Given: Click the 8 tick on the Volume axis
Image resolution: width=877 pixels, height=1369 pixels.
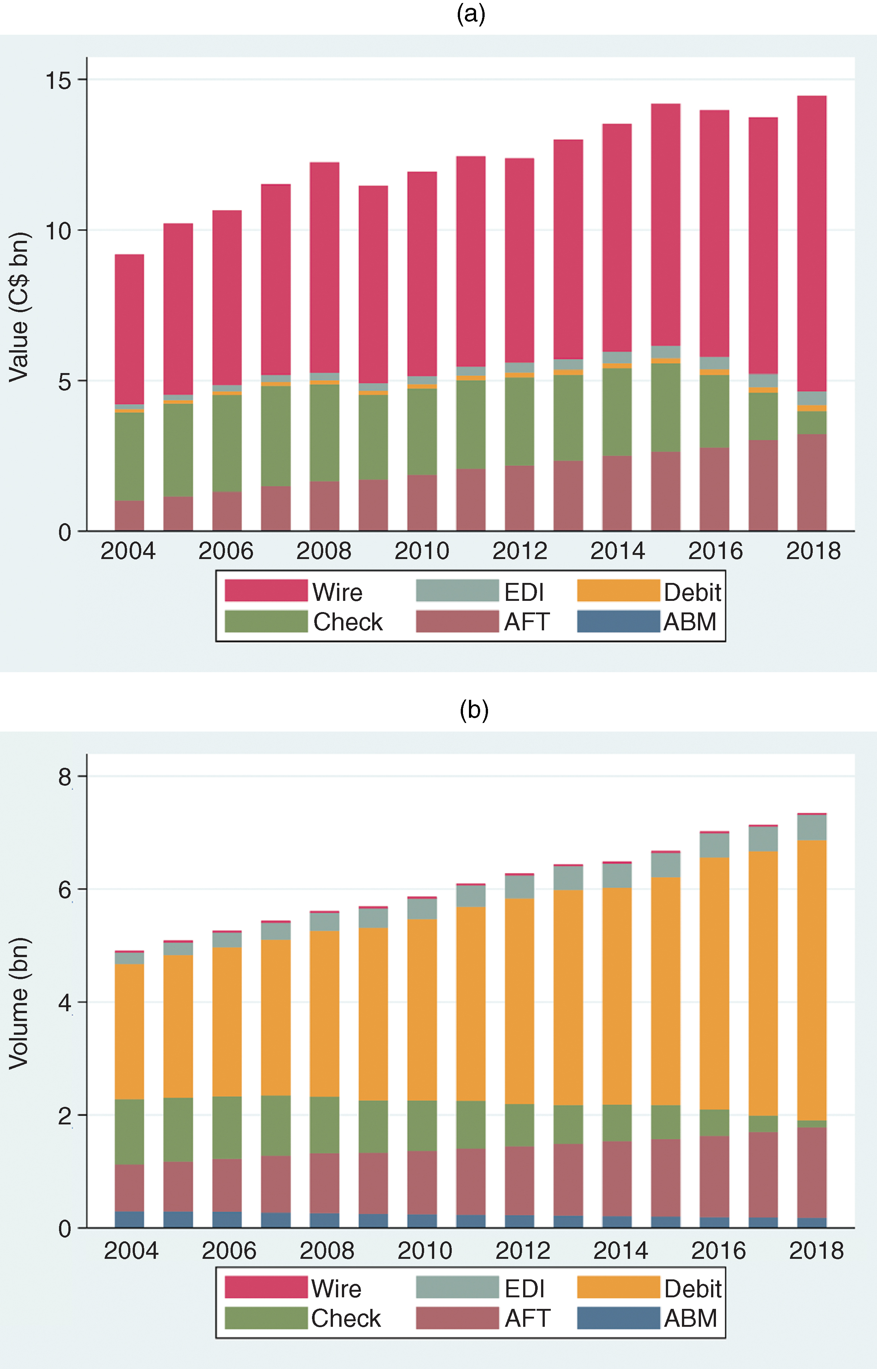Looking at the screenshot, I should (64, 777).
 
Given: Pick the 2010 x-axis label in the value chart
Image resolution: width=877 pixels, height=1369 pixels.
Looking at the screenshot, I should (421, 551).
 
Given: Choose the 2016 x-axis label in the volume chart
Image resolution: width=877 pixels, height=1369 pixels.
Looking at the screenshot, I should (718, 1251).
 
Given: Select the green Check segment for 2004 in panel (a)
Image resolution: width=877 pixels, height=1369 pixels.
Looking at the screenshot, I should (129, 456).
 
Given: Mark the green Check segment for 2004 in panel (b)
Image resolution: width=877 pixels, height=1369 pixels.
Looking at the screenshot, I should (129, 1132).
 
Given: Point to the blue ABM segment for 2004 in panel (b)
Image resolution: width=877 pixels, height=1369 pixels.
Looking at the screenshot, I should (129, 1219).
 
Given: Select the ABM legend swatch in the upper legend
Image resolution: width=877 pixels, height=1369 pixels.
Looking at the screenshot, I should (618, 621).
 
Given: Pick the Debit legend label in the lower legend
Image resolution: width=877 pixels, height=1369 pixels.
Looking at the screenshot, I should (692, 1289).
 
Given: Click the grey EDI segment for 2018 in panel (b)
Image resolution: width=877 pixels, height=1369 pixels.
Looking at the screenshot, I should (812, 827).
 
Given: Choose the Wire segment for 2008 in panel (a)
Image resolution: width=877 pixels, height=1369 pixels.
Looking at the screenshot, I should (324, 267).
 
